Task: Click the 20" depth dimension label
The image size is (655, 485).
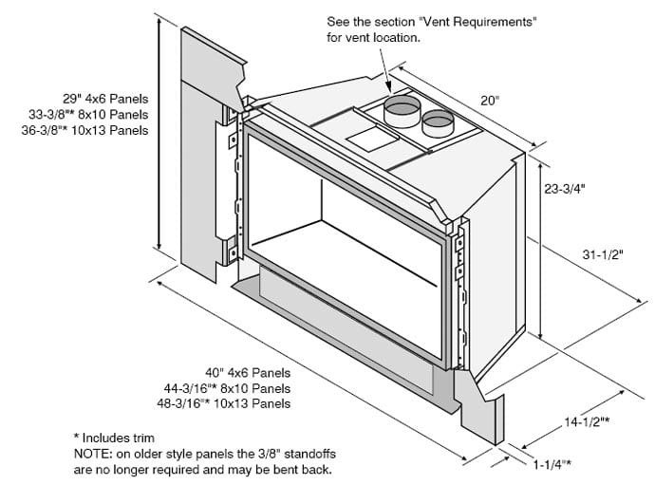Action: pyautogui.click(x=488, y=100)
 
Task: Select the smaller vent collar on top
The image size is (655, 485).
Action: pyautogui.click(x=439, y=121)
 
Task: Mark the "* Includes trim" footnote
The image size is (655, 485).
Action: pyautogui.click(x=119, y=438)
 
